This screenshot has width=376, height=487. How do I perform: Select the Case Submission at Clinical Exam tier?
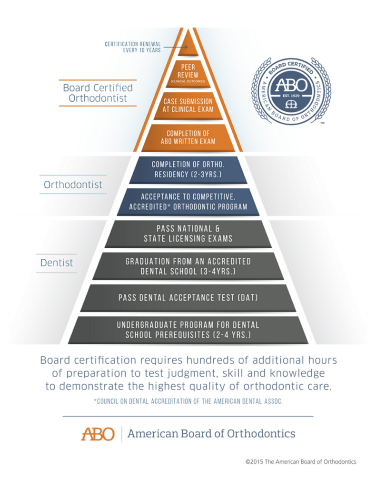(x=188, y=105)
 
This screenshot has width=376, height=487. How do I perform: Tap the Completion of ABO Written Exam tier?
(x=188, y=137)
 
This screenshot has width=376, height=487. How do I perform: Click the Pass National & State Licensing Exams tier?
(x=188, y=234)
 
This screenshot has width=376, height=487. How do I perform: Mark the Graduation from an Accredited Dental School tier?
(x=188, y=265)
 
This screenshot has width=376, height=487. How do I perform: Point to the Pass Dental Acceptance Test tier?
(x=188, y=298)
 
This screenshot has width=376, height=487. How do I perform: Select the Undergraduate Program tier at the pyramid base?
(x=188, y=330)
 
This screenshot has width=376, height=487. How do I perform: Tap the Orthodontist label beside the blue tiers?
(x=73, y=185)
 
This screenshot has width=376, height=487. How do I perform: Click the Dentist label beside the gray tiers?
(x=57, y=262)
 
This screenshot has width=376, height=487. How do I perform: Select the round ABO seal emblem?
(x=291, y=91)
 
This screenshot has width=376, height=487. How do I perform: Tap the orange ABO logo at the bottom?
(x=98, y=434)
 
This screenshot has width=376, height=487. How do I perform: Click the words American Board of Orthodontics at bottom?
(x=211, y=434)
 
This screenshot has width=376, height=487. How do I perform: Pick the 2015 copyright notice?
(x=300, y=462)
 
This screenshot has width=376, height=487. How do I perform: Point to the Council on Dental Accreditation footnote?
(x=188, y=402)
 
